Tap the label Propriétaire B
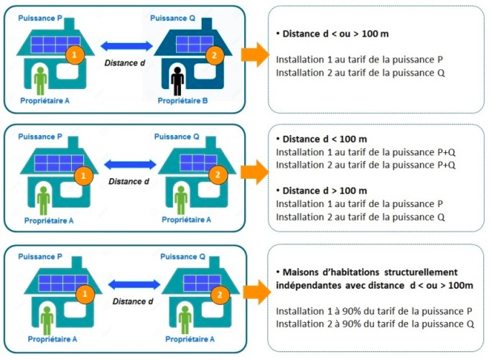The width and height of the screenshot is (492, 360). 183,101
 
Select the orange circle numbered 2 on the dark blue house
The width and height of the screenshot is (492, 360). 211,55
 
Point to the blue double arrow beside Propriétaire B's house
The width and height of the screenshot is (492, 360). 127,47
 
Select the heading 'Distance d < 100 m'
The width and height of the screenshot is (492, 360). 325,139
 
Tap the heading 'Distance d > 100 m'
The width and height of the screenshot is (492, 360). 325,190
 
